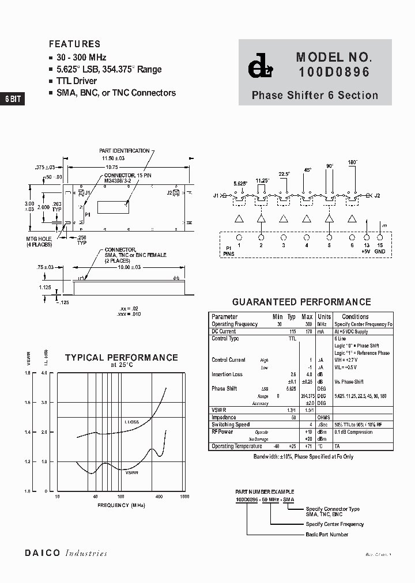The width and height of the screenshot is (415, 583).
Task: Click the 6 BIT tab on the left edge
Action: pyautogui.click(x=12, y=99)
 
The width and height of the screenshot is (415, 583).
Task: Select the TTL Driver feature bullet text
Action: pyautogui.click(x=77, y=81)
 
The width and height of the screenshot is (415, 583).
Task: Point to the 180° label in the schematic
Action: pyautogui.click(x=352, y=162)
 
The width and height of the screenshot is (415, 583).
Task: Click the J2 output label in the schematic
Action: pyautogui.click(x=377, y=196)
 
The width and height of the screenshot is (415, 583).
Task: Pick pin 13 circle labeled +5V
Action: pyautogui.click(x=366, y=237)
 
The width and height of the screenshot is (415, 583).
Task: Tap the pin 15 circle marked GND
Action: pyautogui.click(x=380, y=237)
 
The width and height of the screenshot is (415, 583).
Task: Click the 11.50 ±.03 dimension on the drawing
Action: pyautogui.click(x=114, y=157)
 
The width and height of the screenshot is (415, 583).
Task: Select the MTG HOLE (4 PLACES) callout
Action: pyautogui.click(x=39, y=242)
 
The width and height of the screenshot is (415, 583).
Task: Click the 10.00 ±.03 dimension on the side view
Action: pyautogui.click(x=129, y=267)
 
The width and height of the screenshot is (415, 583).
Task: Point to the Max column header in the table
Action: pyautogui.click(x=307, y=317)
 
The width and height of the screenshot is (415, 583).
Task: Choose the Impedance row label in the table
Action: pyautogui.click(x=224, y=418)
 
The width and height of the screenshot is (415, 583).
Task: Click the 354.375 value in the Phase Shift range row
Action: pyautogui.click(x=307, y=396)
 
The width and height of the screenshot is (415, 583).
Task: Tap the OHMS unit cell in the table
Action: pyautogui.click(x=325, y=418)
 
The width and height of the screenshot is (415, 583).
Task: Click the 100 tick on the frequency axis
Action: pyautogui.click(x=121, y=497)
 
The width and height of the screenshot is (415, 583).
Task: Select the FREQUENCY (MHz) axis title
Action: pyautogui.click(x=121, y=505)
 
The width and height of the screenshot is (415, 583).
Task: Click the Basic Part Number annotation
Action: pyautogui.click(x=327, y=535)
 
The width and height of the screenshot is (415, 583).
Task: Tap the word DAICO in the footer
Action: pyautogui.click(x=42, y=553)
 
